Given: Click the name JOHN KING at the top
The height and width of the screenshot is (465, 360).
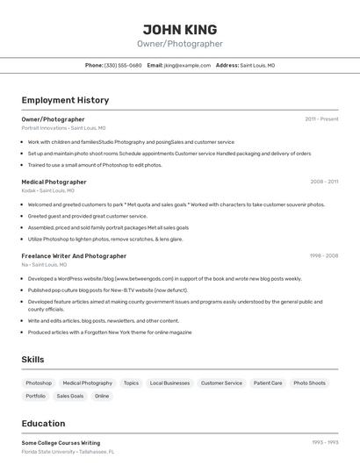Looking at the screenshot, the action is coord(180,29).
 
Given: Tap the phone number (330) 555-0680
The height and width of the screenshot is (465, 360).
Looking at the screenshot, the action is coord(123,65).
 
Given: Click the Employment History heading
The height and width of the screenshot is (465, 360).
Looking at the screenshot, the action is coord(65,100).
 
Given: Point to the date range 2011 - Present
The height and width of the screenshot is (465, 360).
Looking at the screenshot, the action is coord(321,118).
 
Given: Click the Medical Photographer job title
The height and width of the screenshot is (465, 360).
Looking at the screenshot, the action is coord(54,182).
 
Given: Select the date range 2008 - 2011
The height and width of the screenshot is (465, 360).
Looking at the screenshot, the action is coord(324,182).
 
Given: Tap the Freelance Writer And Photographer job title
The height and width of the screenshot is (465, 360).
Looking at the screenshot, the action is coord(74,255).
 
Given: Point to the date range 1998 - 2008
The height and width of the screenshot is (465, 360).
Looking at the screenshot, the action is coord(323,255).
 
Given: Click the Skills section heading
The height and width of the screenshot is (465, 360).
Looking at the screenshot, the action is coord(32,360).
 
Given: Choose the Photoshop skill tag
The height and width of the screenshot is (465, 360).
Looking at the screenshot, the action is coord(39,383).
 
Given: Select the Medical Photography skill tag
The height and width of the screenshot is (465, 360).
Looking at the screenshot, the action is coord(88,383).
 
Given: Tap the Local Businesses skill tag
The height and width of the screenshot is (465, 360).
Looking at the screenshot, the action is coord(169,383).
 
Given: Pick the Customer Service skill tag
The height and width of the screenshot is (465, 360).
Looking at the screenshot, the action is coord(221,383).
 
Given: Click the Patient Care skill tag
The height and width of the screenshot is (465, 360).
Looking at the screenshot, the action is coord(268,383).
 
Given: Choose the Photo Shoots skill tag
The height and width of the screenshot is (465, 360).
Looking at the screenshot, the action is coord(309,383).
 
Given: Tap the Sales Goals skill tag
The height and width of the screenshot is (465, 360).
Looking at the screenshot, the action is coord(70,396).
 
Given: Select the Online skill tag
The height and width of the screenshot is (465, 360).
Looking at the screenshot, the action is coord(102,396).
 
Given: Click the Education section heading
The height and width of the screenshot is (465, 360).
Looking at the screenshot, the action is coord(43,423).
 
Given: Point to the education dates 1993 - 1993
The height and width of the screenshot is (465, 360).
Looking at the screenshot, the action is coord(325,443).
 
